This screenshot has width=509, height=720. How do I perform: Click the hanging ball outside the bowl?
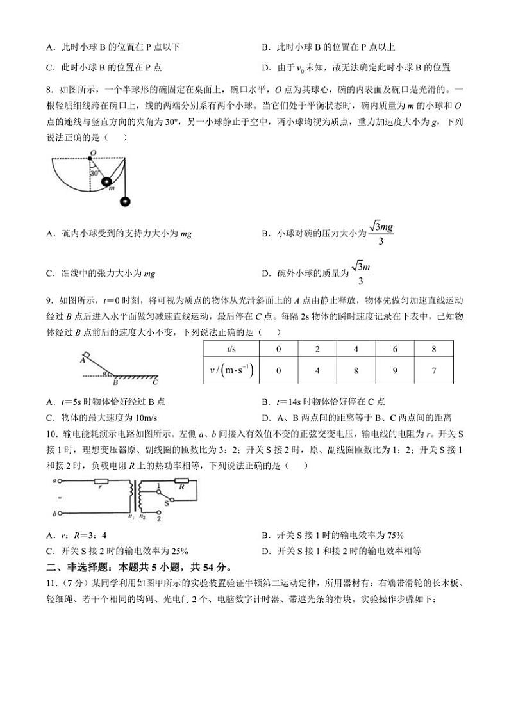(126, 202)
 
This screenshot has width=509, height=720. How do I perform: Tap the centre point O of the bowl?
(92, 153)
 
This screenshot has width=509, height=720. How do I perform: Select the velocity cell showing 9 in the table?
(396, 370)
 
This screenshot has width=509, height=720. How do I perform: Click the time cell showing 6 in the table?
(396, 349)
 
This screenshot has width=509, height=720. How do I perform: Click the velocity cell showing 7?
(434, 370)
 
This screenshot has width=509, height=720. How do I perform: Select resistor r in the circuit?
(100, 480)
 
